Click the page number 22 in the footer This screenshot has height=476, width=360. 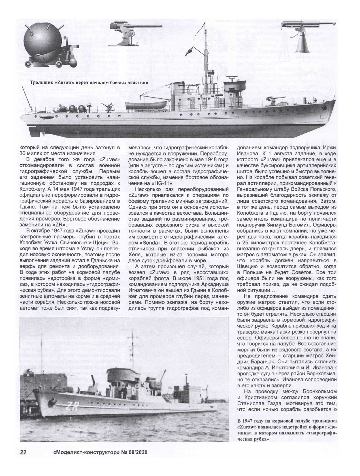23,460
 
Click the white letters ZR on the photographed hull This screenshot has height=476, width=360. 70,406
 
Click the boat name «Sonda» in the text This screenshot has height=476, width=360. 141,242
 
